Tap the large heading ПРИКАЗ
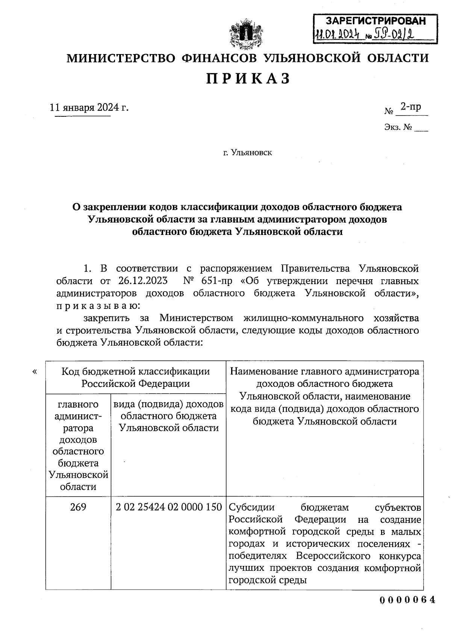click(248, 79)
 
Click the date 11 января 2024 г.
click(89, 108)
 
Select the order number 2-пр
click(410, 107)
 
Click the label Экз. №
click(398, 128)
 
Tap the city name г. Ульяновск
click(247, 153)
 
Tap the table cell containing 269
click(78, 507)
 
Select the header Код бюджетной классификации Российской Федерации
click(135, 377)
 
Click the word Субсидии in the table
click(252, 507)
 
